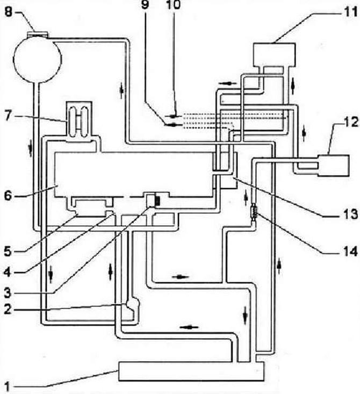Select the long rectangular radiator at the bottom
[x=191, y=371]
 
